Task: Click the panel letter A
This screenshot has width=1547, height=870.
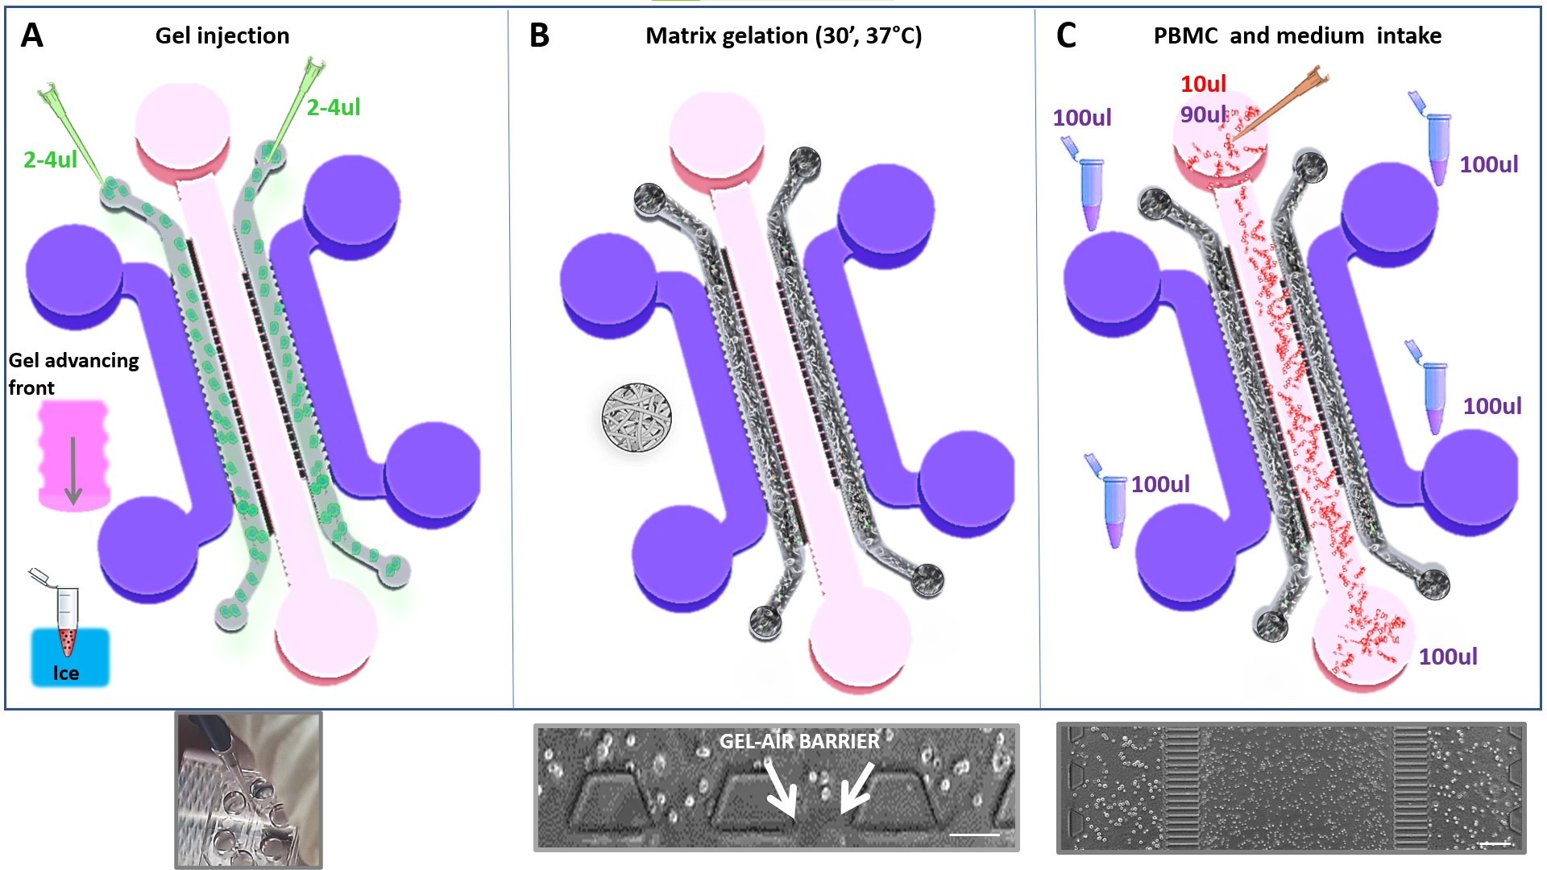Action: [31, 35]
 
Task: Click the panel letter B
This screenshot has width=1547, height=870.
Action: [539, 35]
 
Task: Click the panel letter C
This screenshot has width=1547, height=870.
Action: [1065, 35]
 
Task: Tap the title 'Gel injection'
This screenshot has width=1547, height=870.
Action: [222, 35]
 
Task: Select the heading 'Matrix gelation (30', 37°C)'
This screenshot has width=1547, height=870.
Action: [783, 35]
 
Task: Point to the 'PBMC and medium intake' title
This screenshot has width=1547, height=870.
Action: [1297, 35]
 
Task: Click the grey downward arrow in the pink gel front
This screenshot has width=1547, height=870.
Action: [73, 471]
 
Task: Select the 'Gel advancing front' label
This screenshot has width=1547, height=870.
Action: [73, 373]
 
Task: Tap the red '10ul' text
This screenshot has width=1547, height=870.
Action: [1203, 84]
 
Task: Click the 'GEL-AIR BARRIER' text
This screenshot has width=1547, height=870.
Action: [799, 741]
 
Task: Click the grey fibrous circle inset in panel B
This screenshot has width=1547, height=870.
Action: [637, 417]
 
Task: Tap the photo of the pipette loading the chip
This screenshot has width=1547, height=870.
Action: [249, 789]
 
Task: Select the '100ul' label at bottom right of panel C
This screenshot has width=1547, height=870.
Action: [1448, 657]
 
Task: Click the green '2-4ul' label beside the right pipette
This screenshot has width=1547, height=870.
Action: [334, 107]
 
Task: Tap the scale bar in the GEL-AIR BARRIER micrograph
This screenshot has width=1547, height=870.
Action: [974, 835]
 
